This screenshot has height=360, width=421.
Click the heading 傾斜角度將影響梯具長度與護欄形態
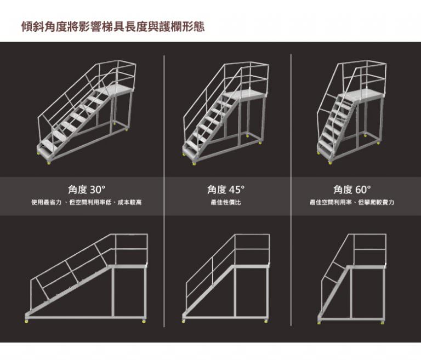pos(113,27)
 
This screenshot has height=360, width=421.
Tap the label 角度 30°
pos(87,190)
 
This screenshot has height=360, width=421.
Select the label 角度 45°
pos(226,190)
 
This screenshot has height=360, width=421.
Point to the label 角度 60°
pos(352,190)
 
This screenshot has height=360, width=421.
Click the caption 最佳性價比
pos(226,202)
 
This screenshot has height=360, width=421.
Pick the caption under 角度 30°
pos(87,202)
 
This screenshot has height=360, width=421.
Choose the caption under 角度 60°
pos(352,202)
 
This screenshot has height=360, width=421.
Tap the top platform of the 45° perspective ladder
pos(246,95)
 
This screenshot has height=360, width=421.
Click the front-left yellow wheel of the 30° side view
pos(27,321)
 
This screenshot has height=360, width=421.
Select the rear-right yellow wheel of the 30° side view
pos(144,321)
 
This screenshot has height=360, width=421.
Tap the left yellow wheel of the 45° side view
pos(184,321)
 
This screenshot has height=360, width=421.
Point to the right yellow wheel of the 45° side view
pos(266,321)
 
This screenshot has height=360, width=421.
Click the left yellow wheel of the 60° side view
pos(319,322)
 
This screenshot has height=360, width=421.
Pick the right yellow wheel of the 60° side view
pos(382,322)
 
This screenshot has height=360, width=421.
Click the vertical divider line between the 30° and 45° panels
pos(164,191)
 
